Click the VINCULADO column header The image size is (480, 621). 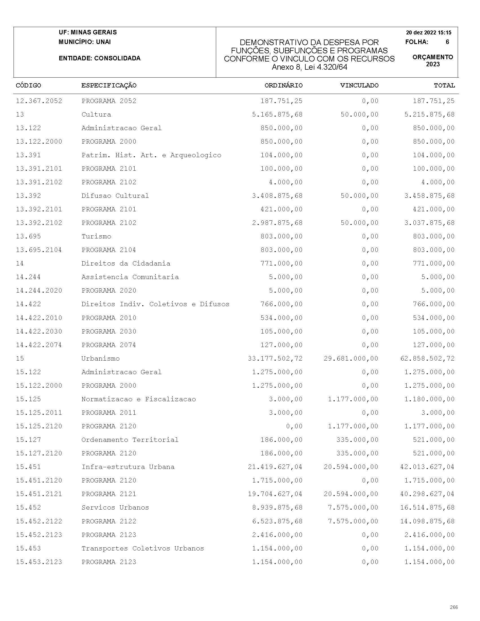click(359, 85)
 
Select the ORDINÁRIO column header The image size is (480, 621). click(284, 85)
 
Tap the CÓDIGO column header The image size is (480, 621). click(29, 85)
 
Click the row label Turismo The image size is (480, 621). click(97, 236)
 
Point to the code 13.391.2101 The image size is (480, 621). click(39, 169)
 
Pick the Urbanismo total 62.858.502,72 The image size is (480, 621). click(428, 358)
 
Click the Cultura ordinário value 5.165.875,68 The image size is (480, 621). click(277, 114)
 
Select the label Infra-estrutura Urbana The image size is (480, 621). click(128, 467)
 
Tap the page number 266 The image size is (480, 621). click(454, 607)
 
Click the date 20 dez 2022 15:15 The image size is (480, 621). click(429, 32)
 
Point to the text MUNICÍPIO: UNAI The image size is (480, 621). click(85, 42)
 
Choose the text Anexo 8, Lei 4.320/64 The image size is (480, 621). click(309, 67)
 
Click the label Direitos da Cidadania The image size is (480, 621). click(126, 263)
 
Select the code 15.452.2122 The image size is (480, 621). click(39, 521)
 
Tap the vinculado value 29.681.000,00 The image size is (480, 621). click(351, 358)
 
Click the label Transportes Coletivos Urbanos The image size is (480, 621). click(143, 548)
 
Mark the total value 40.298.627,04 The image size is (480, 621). click(428, 494)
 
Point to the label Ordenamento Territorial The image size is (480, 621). click(130, 440)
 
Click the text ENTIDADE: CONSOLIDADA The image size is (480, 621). click(100, 58)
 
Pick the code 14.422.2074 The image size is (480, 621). click(39, 345)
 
